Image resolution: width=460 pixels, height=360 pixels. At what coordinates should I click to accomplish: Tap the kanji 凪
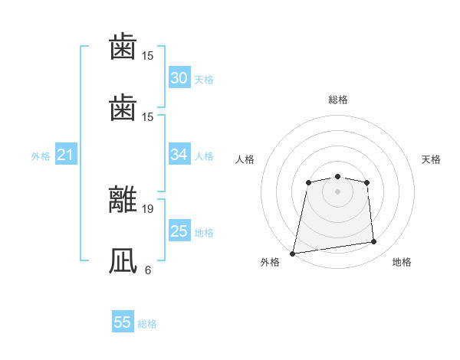click(x=123, y=260)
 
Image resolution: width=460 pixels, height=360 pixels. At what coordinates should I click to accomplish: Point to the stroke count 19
click(x=148, y=208)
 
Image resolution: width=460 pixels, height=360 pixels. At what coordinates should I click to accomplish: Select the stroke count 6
click(x=148, y=270)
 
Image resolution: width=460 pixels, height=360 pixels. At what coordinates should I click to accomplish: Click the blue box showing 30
click(x=179, y=78)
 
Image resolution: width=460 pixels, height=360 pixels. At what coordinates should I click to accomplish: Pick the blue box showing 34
click(x=179, y=155)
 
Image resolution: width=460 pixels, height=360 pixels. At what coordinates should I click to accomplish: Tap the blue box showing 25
click(x=179, y=231)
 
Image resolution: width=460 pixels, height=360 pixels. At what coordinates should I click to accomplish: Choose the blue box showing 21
click(x=66, y=155)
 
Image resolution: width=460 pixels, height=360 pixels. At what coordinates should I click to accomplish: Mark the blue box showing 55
click(x=123, y=322)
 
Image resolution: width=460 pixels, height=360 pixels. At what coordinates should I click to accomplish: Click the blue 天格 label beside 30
click(x=204, y=80)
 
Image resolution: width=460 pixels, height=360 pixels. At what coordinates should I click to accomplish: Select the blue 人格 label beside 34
click(x=204, y=156)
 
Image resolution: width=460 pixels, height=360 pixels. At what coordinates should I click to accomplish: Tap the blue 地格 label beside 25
click(x=204, y=232)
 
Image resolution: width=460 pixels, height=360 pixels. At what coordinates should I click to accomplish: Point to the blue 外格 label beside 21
click(x=41, y=156)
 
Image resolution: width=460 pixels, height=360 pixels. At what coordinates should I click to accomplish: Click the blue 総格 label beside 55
click(x=147, y=324)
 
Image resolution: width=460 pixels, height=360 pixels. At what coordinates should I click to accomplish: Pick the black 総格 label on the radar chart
click(x=338, y=100)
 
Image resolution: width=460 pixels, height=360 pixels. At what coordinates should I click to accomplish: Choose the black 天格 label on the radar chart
click(x=432, y=159)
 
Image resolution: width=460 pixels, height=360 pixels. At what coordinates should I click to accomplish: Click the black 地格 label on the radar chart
click(x=402, y=262)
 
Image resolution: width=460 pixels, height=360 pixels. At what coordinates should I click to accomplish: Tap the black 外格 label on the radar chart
click(x=271, y=262)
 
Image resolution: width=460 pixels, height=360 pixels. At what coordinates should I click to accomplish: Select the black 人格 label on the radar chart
click(x=245, y=159)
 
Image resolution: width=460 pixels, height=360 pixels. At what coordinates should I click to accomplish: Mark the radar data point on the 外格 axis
click(x=293, y=253)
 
